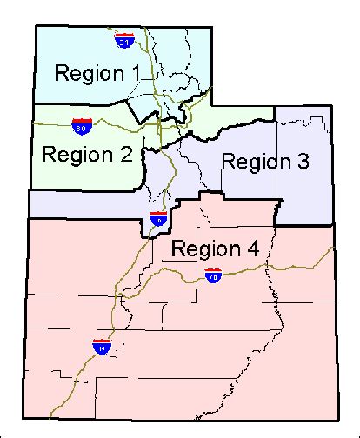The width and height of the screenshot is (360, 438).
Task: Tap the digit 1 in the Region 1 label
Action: click(135, 73)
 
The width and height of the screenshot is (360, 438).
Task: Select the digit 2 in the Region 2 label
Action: click(126, 155)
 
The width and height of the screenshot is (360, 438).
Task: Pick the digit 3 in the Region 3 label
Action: click(304, 161)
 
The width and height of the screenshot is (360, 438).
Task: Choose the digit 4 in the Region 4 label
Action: click(252, 249)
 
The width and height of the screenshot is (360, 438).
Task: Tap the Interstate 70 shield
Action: click(213, 276)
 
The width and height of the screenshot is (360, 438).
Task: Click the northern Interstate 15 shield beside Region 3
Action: click(157, 218)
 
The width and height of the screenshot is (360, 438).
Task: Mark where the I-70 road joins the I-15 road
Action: click(116, 300)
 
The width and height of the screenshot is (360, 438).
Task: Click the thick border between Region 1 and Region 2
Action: click(78, 104)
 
